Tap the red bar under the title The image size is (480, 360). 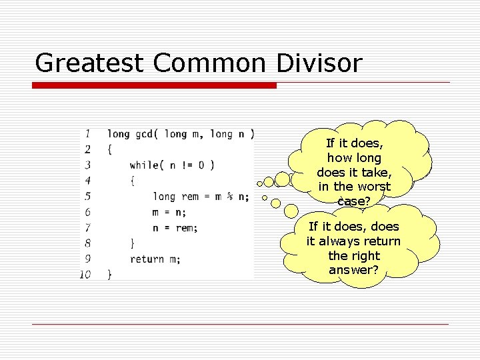154,85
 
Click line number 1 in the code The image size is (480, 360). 88,134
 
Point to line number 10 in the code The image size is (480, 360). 85,274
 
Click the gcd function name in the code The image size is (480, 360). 143,135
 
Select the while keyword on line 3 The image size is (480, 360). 145,165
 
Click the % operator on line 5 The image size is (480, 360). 230,196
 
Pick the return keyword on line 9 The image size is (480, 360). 146,259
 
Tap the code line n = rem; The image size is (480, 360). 175,227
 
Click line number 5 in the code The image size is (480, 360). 87,196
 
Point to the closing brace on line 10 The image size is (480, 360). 110,274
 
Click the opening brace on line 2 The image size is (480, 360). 110,149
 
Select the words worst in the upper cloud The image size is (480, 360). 375,187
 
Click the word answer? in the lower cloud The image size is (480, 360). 353,270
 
